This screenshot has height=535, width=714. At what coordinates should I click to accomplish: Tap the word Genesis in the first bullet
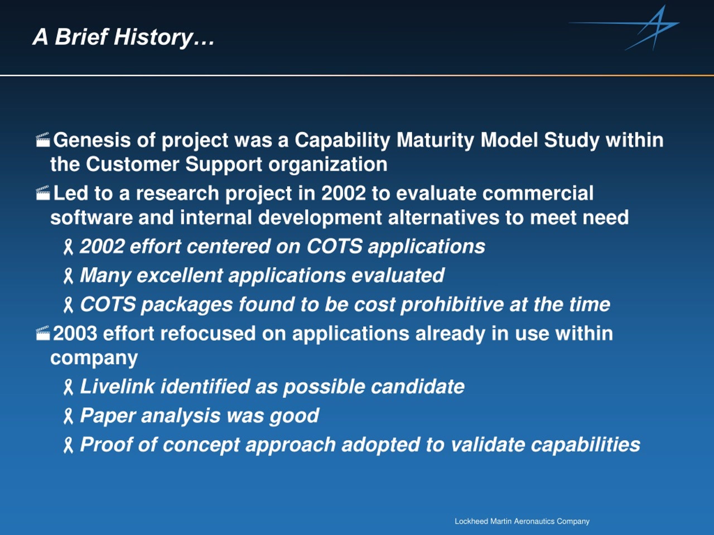(92, 140)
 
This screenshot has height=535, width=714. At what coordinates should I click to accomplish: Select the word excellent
(180, 275)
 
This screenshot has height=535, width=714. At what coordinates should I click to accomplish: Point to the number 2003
(75, 334)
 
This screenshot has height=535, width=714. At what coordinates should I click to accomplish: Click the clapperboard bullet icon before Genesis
(43, 139)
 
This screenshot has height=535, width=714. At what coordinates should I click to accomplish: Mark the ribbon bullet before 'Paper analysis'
(68, 416)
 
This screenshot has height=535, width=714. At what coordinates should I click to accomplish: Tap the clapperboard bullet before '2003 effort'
(43, 333)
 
